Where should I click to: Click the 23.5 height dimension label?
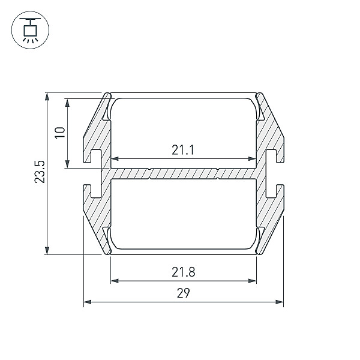[40, 172]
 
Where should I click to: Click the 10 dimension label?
[60, 133]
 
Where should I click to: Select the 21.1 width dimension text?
[183, 149]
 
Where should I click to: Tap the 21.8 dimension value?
[183, 272]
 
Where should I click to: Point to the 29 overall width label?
[183, 293]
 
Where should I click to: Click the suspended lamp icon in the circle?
[30, 30]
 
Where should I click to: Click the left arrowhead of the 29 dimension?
[88, 302]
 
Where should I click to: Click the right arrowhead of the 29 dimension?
[280, 302]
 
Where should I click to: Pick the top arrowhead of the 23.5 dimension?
[47, 97]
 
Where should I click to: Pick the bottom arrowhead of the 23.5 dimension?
[47, 250]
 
